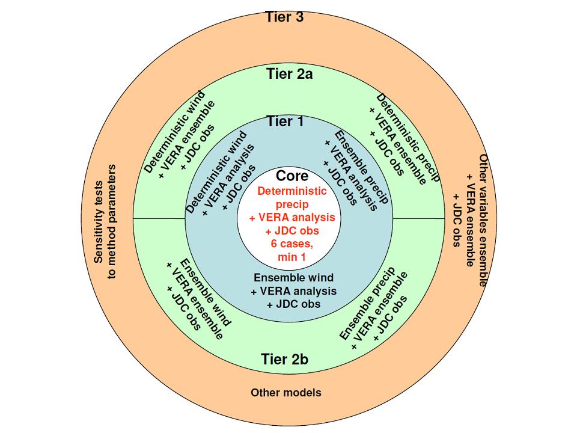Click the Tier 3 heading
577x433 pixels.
(284, 17)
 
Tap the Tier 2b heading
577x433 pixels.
(285, 360)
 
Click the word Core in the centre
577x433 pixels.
(292, 176)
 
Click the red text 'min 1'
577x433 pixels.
(292, 257)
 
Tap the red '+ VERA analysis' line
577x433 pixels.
(292, 218)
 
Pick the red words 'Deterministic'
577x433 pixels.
(292, 191)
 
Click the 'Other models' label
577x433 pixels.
(286, 393)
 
